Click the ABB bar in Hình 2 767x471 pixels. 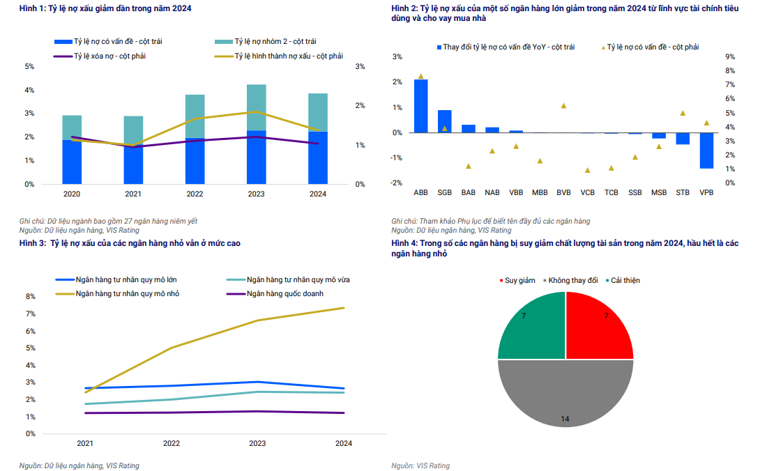tap(420, 106)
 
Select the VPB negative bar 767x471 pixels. tap(706, 150)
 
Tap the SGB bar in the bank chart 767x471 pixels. tap(444, 121)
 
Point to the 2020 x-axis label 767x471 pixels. tap(72, 194)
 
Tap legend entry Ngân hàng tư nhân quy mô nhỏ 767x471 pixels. tap(127, 293)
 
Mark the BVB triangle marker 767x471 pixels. tap(563, 106)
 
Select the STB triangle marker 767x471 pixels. tap(683, 113)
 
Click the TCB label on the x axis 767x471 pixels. tap(611, 192)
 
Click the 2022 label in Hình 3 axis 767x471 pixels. tap(171, 443)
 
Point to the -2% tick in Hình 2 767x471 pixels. tap(397, 183)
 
